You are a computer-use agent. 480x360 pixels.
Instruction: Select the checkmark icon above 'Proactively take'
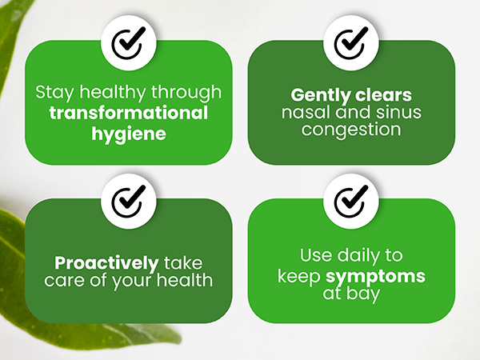click(128, 202)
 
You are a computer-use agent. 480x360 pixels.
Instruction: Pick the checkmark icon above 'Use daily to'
click(351, 202)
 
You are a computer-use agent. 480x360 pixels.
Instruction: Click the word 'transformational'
click(129, 113)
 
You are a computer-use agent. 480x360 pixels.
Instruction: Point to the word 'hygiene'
click(128, 133)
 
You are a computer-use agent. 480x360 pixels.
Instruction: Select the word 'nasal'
click(302, 113)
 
